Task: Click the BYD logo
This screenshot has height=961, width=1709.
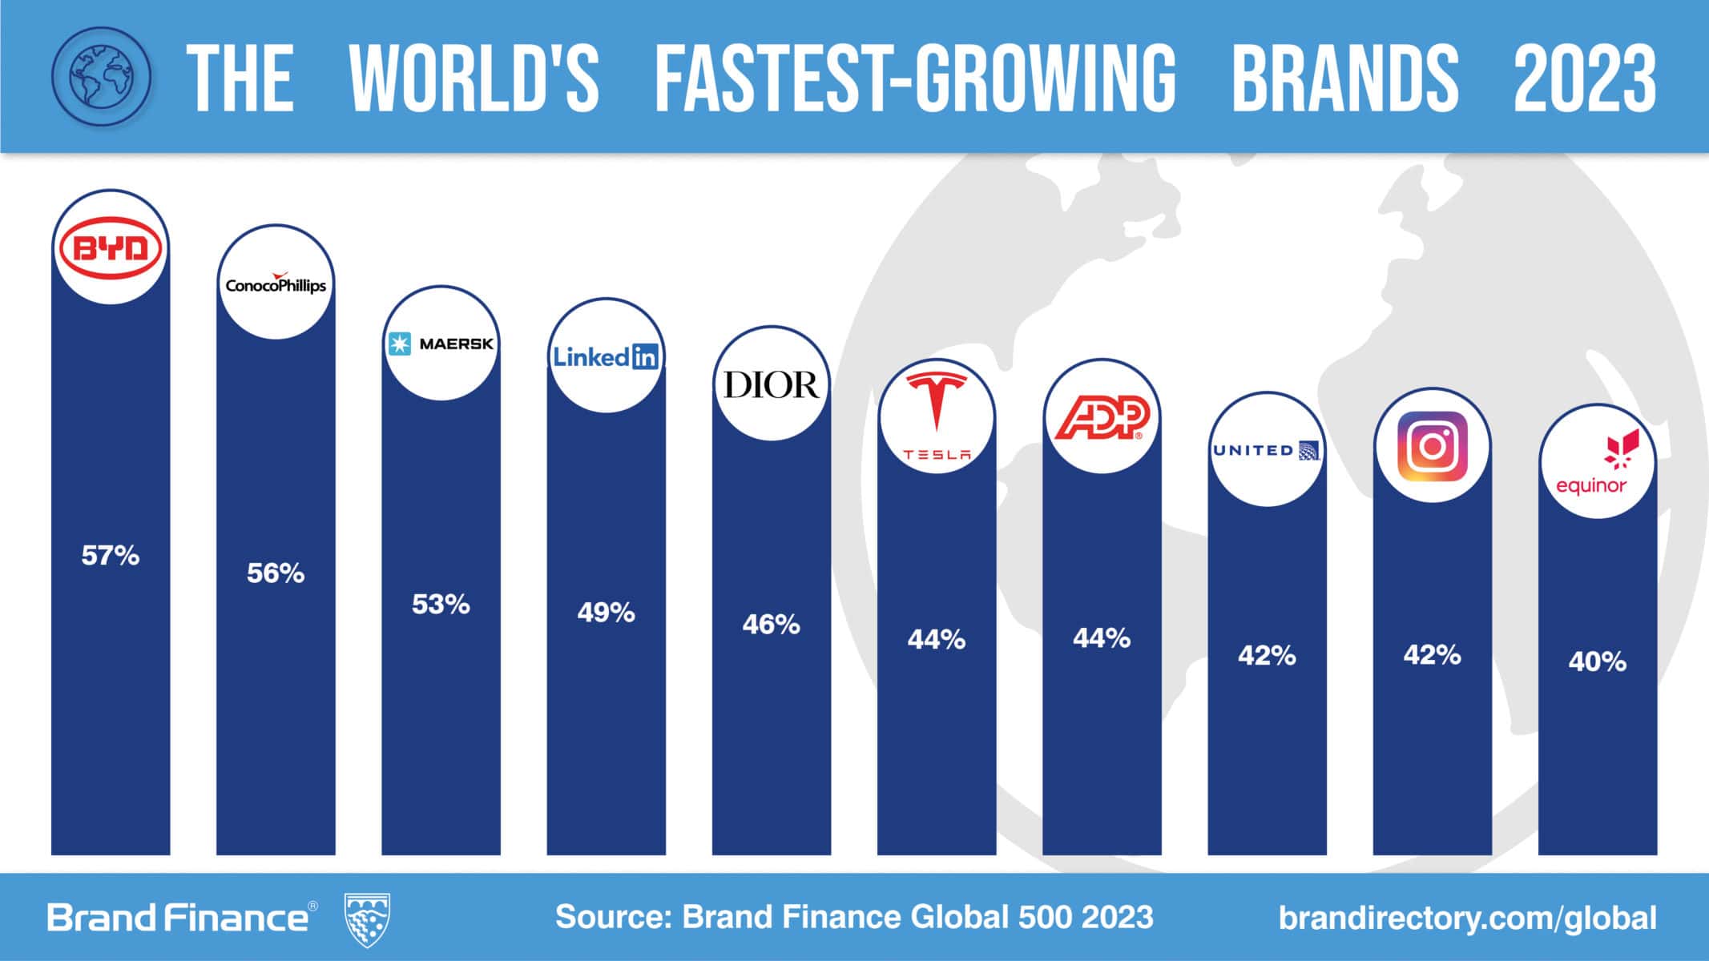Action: point(111,249)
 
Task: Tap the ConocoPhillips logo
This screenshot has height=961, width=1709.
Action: point(276,283)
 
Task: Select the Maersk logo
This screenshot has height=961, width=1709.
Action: point(441,344)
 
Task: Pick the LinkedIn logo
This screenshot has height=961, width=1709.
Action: point(606,356)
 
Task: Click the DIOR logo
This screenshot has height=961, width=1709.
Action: point(771,384)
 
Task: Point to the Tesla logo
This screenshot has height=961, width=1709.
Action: point(936,416)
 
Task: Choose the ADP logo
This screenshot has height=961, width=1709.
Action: point(1101,418)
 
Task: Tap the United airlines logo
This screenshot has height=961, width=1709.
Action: point(1266,450)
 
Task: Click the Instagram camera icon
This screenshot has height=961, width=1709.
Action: point(1432,446)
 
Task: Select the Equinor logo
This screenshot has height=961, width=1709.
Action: point(1597,462)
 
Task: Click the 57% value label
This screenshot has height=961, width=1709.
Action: point(111,556)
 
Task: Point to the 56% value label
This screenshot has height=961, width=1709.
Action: point(276,573)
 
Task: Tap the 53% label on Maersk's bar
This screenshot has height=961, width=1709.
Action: point(441,605)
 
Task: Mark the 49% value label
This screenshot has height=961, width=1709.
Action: point(606,613)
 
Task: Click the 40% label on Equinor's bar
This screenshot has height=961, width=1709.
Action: point(1597,662)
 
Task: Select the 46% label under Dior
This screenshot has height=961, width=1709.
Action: point(771,625)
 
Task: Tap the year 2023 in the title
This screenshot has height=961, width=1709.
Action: point(1584,78)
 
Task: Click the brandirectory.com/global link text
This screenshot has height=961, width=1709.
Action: point(1467,918)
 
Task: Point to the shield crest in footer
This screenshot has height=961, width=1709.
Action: point(367,919)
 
